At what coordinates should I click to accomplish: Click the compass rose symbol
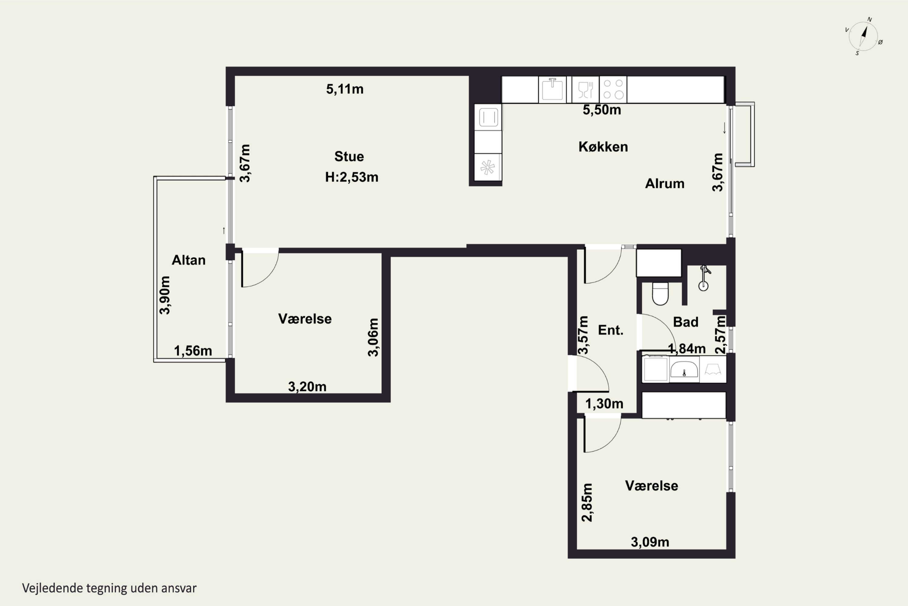(x=863, y=36)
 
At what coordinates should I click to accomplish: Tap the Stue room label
(x=349, y=157)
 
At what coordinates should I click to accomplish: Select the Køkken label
(x=603, y=147)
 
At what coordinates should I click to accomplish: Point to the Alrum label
(x=664, y=184)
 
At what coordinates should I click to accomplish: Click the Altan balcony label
(x=188, y=260)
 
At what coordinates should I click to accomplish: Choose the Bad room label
(x=686, y=322)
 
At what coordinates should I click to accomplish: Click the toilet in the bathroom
(x=660, y=293)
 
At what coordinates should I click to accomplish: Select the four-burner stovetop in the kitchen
(x=613, y=89)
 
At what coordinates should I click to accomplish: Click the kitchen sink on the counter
(x=552, y=89)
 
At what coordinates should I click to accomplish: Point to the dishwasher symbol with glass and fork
(x=585, y=90)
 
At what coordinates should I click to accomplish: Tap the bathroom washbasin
(x=684, y=369)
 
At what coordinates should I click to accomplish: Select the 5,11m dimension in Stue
(x=345, y=89)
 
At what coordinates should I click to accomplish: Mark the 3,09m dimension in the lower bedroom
(x=650, y=542)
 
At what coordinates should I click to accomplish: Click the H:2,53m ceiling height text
(x=352, y=177)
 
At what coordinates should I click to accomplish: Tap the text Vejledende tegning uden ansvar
(x=109, y=588)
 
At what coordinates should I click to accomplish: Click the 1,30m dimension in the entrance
(x=604, y=404)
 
